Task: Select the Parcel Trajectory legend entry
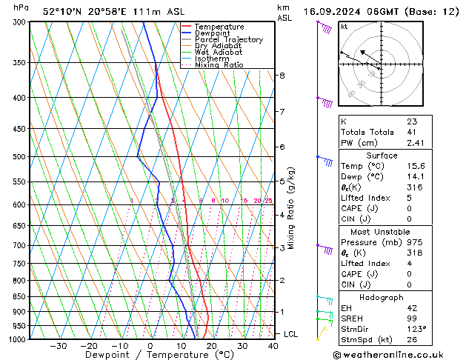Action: [228, 39]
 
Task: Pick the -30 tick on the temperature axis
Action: [58, 346]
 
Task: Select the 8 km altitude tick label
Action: [282, 76]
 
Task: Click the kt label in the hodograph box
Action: [344, 26]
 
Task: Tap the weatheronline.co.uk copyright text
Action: [398, 354]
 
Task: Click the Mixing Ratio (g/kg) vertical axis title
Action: [292, 207]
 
